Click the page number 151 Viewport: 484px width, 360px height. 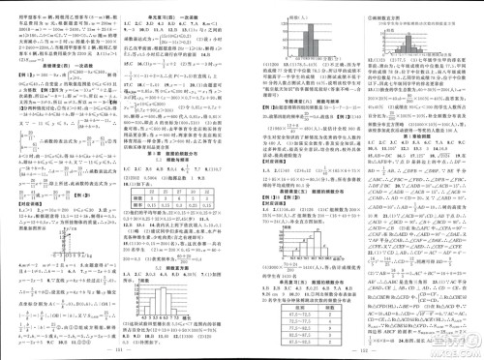(x=121, y=351)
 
